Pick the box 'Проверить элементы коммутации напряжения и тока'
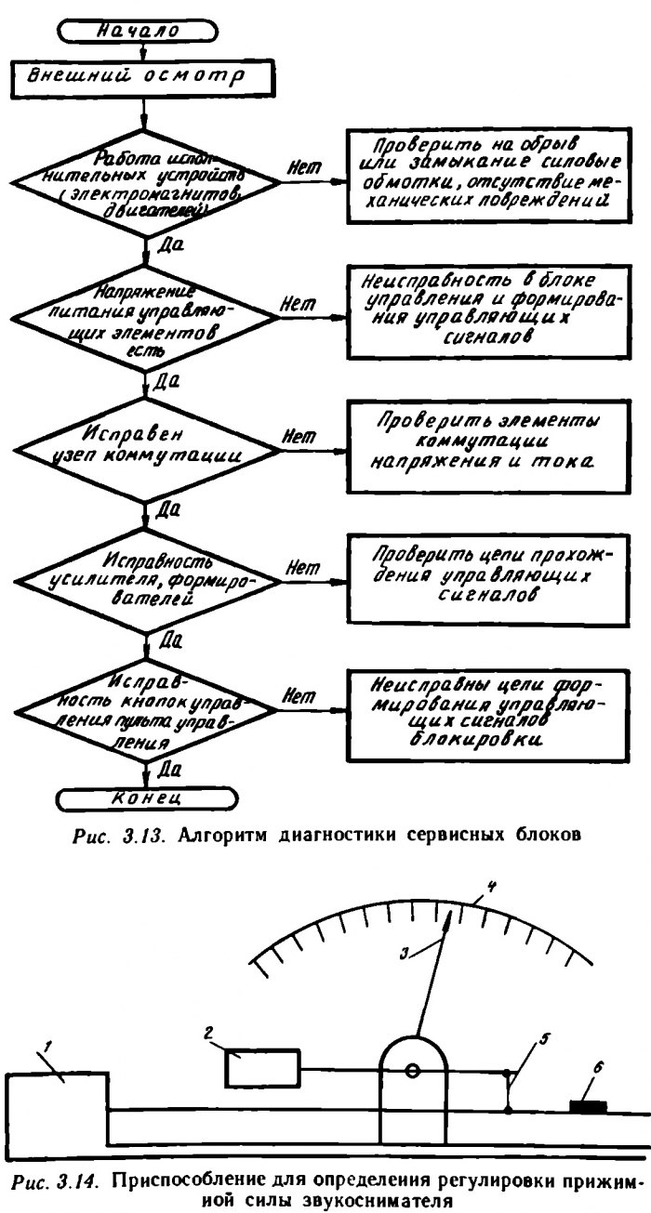click(485, 440)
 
